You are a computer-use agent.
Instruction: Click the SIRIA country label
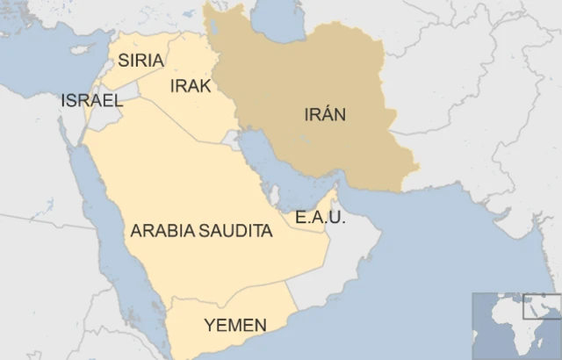pyautogui.click(x=140, y=61)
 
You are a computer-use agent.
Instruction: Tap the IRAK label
pyautogui.click(x=190, y=85)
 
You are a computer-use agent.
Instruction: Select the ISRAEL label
pyautogui.click(x=91, y=100)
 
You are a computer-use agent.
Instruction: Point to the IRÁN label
pyautogui.click(x=325, y=114)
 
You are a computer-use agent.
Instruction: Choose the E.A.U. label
pyautogui.click(x=320, y=217)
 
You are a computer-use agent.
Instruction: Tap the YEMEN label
pyautogui.click(x=234, y=326)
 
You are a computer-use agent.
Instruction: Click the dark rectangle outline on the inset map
pyautogui.click(x=541, y=306)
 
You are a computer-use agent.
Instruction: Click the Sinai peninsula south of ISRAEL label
pyautogui.click(x=70, y=132)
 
